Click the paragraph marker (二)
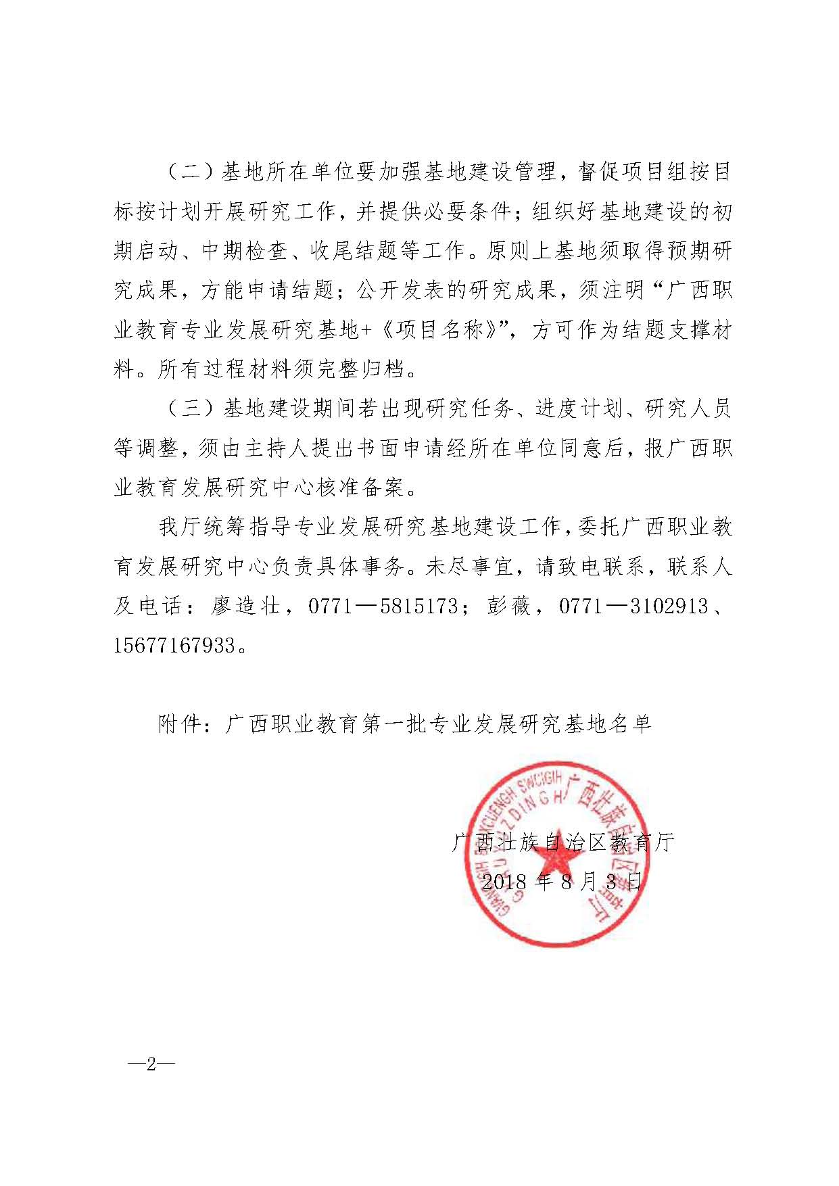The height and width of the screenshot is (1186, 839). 185,172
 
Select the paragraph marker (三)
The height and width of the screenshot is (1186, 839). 185,409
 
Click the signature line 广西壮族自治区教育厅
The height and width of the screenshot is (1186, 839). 563,843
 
